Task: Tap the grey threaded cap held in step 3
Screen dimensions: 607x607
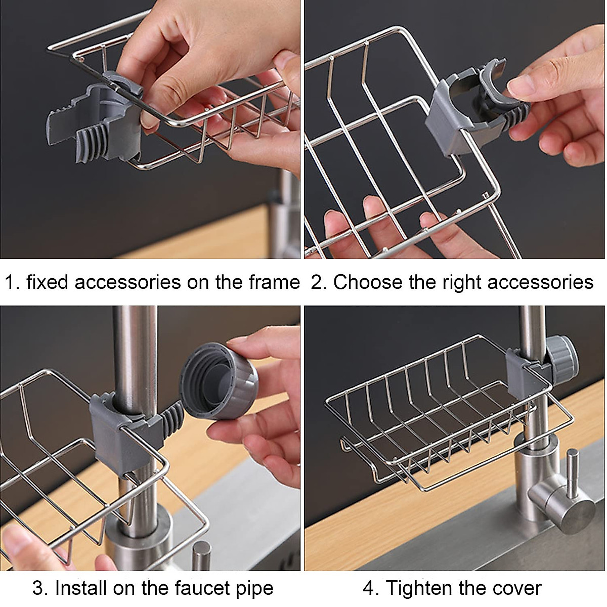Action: point(219,373)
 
